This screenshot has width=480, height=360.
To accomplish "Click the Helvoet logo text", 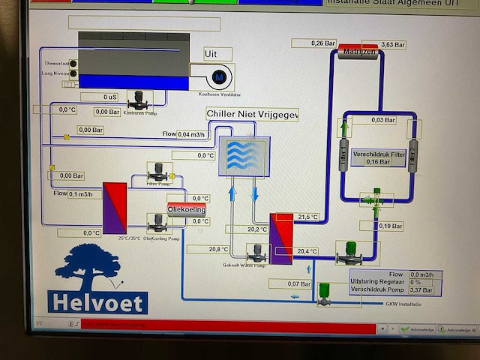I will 97,301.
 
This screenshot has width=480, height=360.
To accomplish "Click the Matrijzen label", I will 358,51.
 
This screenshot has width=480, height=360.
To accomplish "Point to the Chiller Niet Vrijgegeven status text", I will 252,114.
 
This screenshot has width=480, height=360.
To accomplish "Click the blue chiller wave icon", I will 244,156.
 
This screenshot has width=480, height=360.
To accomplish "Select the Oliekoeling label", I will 186,211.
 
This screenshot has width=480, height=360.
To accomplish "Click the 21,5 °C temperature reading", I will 307,217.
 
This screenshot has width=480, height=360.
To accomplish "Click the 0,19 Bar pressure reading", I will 390,226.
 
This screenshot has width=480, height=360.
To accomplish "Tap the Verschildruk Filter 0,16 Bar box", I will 378,157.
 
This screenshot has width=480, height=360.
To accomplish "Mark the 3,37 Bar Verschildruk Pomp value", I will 421,289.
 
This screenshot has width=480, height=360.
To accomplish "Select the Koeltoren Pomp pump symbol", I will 139,100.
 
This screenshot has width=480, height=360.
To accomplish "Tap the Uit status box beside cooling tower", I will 217,54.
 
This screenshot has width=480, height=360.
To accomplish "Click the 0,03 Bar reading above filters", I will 383,120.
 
